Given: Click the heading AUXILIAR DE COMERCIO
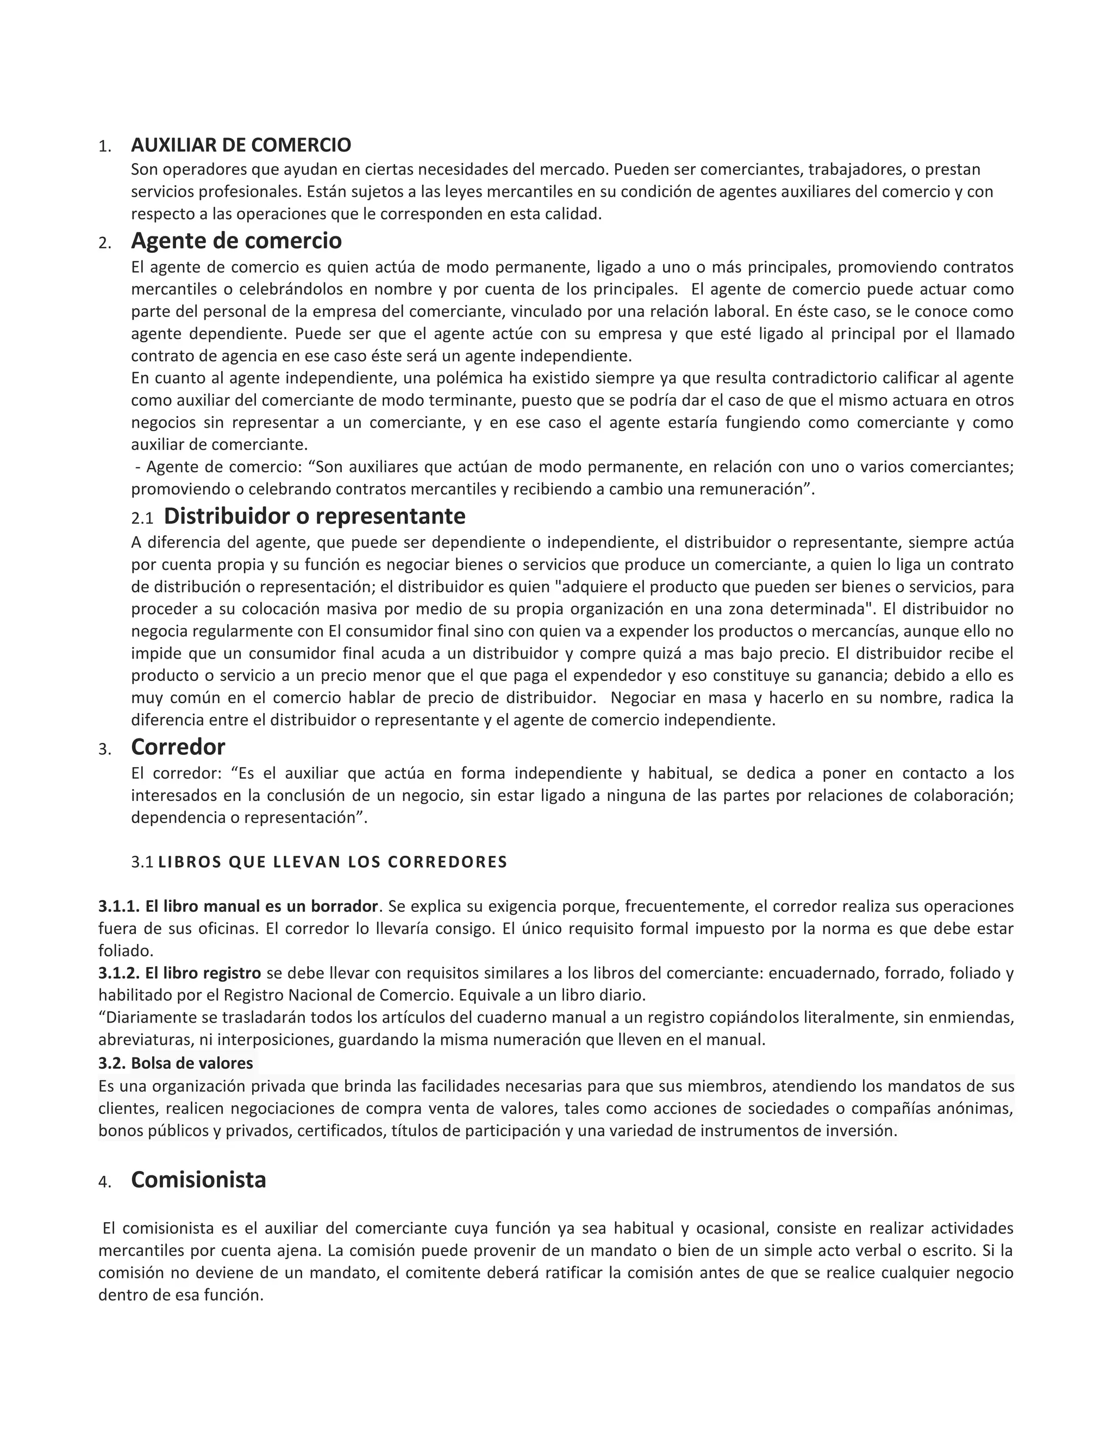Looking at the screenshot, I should coord(241,145).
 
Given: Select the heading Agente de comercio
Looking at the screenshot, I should coord(236,241).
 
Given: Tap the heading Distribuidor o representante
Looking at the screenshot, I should coord(315,516).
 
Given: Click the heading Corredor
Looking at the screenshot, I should coord(178,747).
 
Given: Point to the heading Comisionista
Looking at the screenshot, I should coord(198,1180).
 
